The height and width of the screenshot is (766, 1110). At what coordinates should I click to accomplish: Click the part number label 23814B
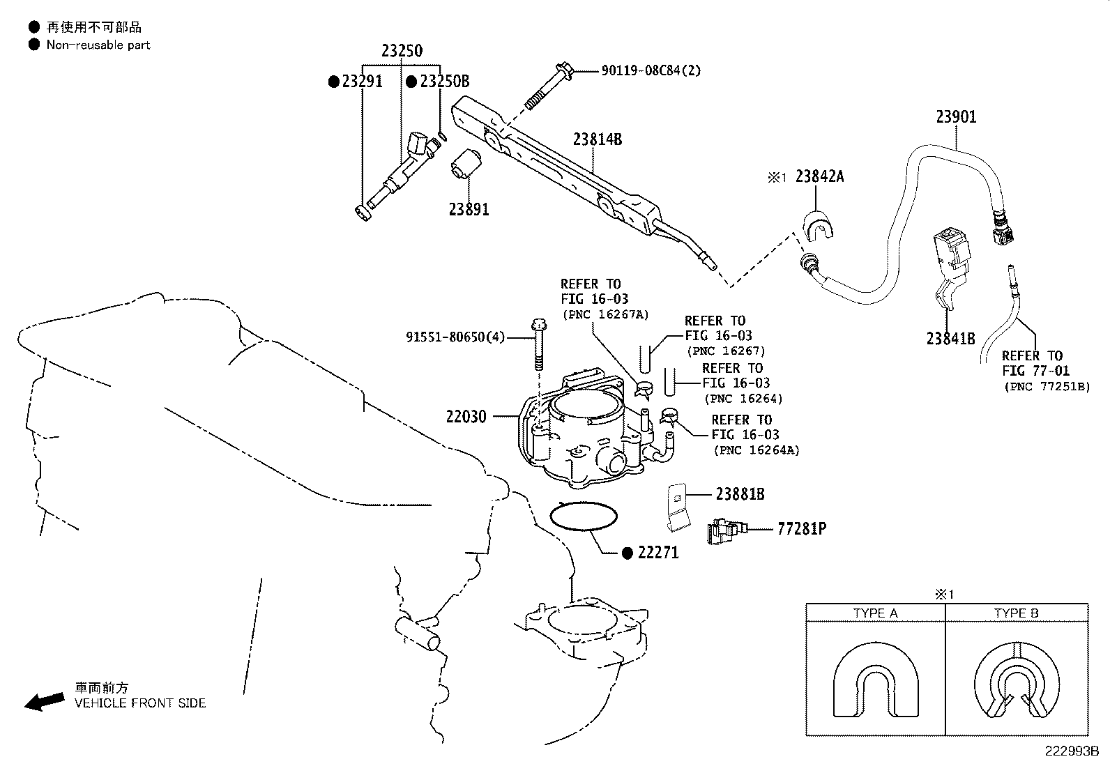pyautogui.click(x=598, y=139)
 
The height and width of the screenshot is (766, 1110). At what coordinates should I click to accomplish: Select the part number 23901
pyautogui.click(x=956, y=117)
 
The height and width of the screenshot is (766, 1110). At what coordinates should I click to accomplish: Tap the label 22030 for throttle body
pyautogui.click(x=466, y=418)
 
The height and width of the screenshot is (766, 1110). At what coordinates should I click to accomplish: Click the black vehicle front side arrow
pyautogui.click(x=44, y=701)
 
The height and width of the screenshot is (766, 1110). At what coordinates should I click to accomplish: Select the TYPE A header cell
pyautogui.click(x=875, y=613)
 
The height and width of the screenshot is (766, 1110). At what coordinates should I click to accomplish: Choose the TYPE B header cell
pyautogui.click(x=1016, y=613)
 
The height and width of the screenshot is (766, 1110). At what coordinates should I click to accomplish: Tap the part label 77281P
pyautogui.click(x=802, y=529)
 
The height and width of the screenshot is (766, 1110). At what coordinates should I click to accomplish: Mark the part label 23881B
pyautogui.click(x=740, y=494)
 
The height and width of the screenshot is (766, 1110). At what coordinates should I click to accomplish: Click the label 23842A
pyautogui.click(x=819, y=177)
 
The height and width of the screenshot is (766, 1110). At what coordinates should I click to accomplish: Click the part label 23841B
pyautogui.click(x=950, y=339)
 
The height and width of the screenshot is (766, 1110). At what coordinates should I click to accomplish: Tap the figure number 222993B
pyautogui.click(x=1071, y=752)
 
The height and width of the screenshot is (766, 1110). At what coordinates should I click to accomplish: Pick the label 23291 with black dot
pyautogui.click(x=362, y=82)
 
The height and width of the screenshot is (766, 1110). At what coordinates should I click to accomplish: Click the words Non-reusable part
pyautogui.click(x=98, y=45)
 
